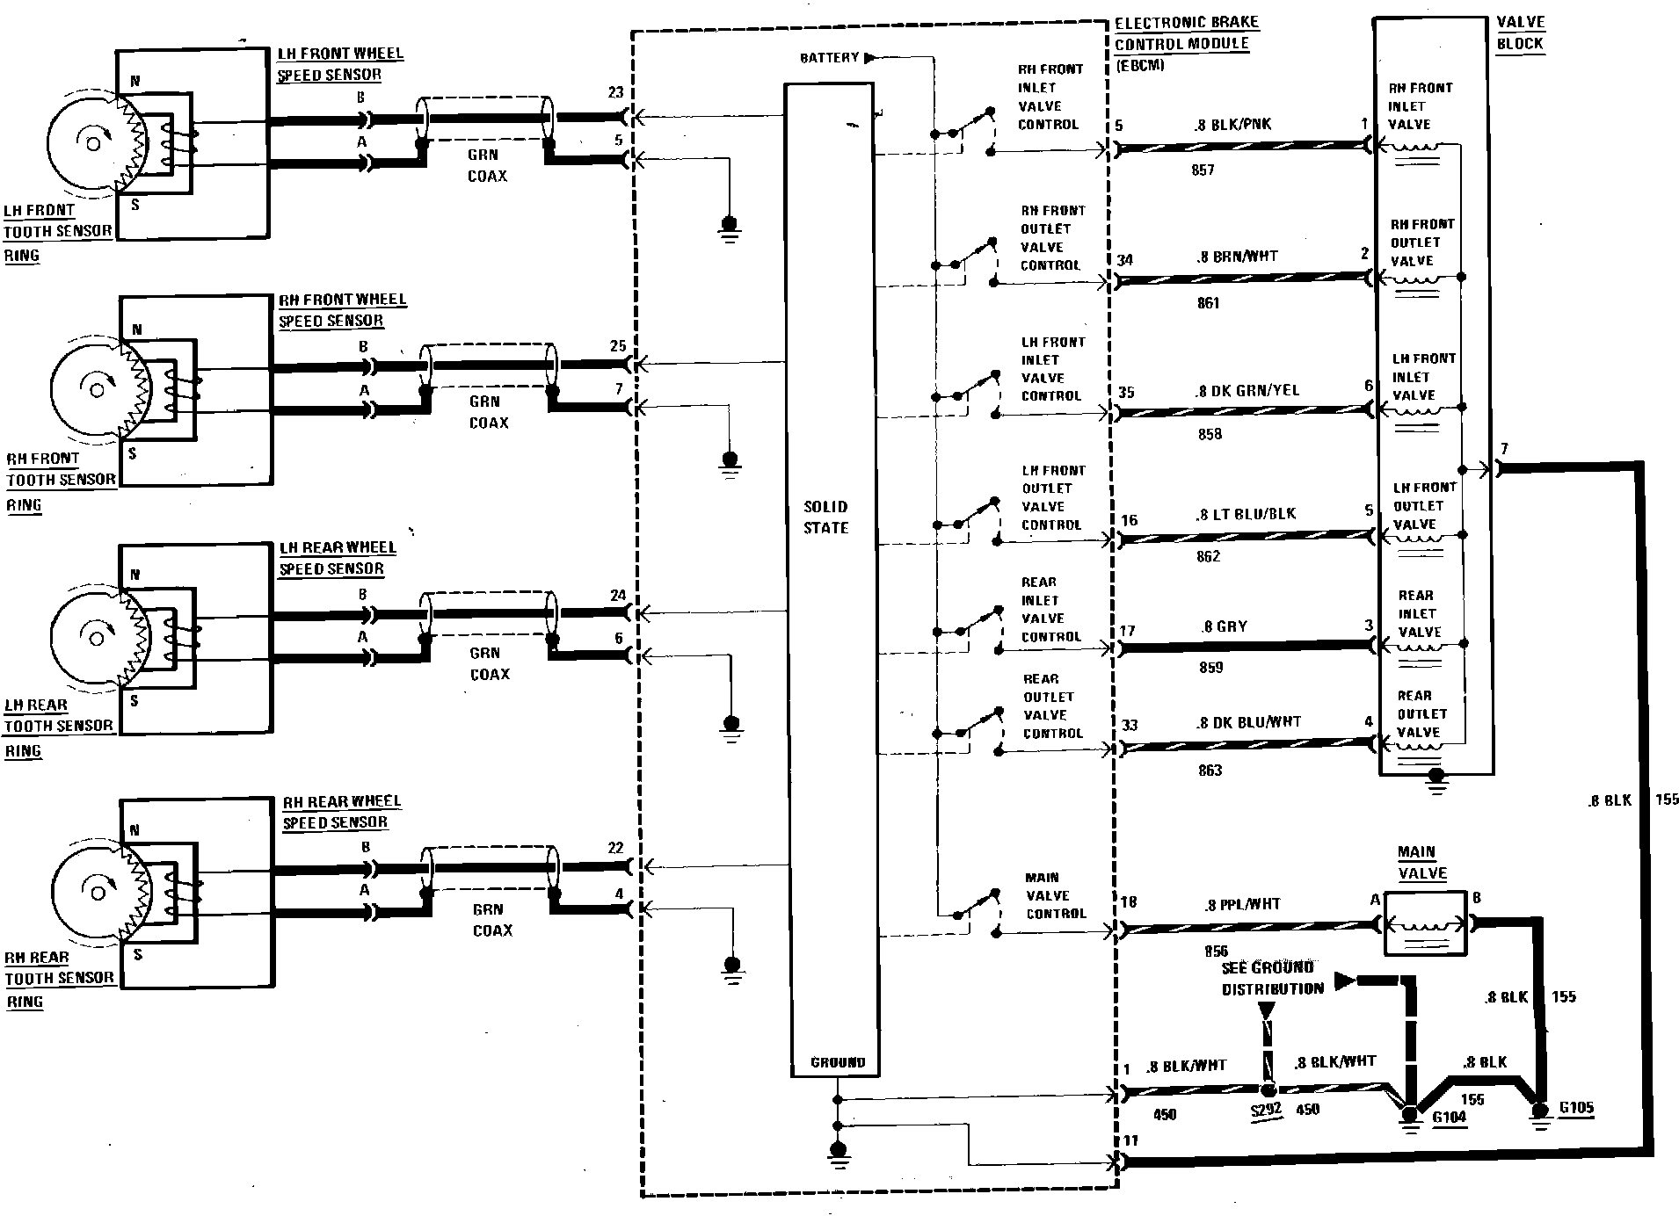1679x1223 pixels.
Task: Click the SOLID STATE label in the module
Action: coord(825,517)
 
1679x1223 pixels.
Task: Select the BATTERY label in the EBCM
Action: coord(829,58)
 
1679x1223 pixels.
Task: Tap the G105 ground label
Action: coord(1575,1108)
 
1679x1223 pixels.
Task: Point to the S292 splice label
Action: coord(1266,1110)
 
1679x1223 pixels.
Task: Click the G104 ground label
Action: coord(1449,1118)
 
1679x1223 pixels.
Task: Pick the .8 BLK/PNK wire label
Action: coord(1232,125)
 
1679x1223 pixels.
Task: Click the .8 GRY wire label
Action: coord(1225,626)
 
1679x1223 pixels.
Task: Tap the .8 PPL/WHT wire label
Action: coord(1243,904)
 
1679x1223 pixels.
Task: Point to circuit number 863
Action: coord(1210,771)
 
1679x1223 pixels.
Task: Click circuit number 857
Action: coord(1203,170)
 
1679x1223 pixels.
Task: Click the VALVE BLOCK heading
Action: coord(1520,33)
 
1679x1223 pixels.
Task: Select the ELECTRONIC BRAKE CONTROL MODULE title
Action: coord(1186,33)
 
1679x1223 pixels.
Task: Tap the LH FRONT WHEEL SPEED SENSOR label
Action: coord(340,64)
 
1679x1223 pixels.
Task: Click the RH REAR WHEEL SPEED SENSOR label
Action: coord(341,812)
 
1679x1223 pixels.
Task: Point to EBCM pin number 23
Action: coord(615,92)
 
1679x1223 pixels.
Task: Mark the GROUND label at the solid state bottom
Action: coord(838,1062)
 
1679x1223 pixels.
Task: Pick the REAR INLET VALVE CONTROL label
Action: coord(1050,610)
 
